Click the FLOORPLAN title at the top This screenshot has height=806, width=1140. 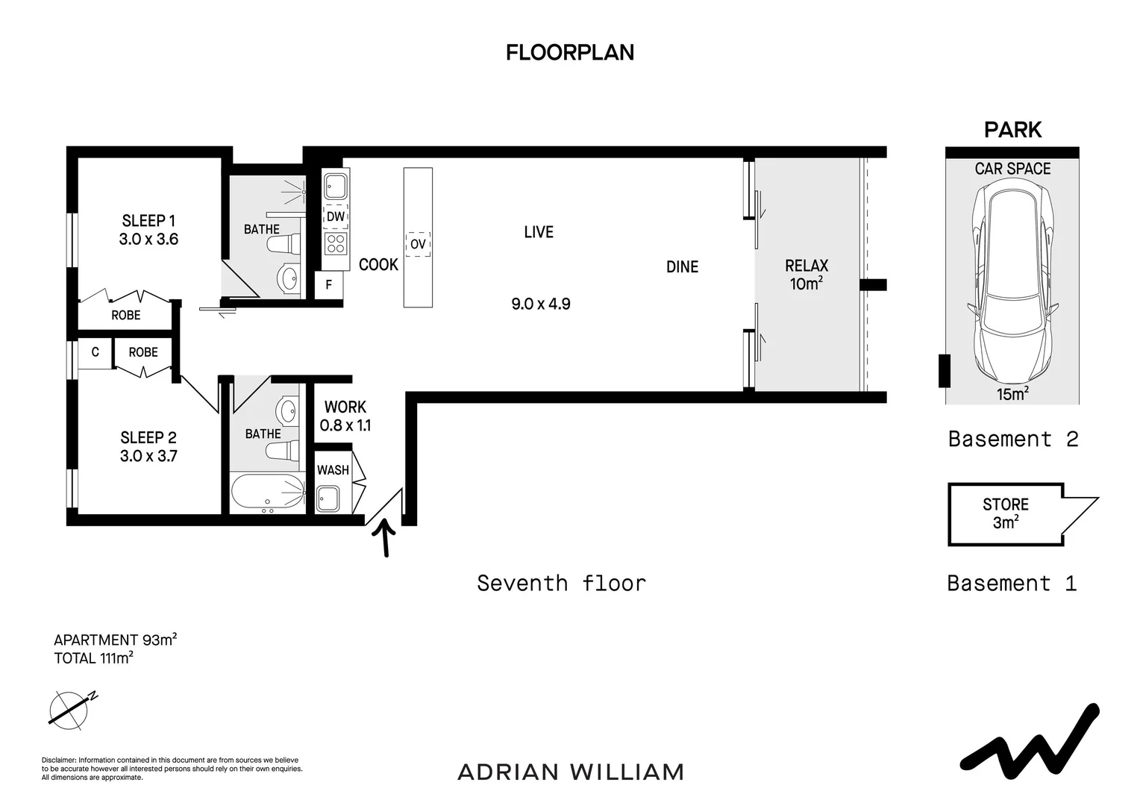point(569,52)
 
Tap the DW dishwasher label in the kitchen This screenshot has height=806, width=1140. point(336,216)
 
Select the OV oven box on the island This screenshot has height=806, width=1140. point(418,244)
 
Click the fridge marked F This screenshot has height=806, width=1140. point(329,284)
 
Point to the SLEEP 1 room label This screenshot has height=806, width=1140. point(148,220)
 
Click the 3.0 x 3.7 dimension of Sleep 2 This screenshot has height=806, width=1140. point(148,456)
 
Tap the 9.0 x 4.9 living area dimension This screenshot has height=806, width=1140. point(540,304)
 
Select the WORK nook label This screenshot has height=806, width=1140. point(345,407)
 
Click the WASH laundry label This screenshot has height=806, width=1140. point(333,470)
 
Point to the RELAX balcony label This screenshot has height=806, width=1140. point(807,265)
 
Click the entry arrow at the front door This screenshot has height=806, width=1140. point(385,537)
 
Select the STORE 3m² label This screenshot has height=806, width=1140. point(1006,513)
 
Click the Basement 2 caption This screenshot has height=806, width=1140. point(1012,439)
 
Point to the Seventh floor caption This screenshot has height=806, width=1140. point(561,583)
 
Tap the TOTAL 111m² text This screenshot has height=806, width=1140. point(94,657)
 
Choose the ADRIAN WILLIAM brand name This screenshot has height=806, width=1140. point(571,772)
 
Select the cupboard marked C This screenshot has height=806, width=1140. point(95,352)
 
